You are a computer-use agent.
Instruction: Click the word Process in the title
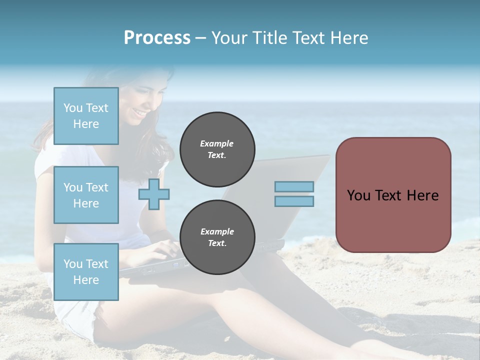157,37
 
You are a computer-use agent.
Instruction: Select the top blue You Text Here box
86,116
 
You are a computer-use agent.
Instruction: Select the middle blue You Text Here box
86,195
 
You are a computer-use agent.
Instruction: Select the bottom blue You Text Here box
86,271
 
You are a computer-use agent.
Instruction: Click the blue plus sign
154,194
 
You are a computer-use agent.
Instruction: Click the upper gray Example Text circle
217,149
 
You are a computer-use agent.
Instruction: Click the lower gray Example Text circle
217,237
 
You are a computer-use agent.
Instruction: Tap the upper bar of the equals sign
294,186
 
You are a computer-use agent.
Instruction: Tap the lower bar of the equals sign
294,201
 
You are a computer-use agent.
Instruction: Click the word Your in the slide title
228,37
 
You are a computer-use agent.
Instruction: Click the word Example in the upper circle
216,143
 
